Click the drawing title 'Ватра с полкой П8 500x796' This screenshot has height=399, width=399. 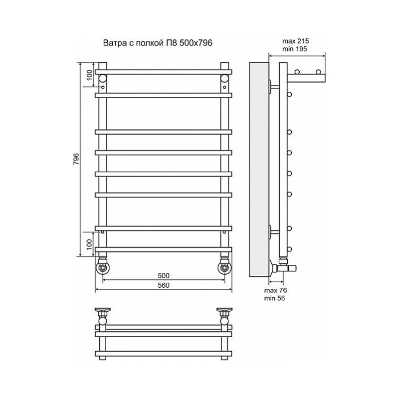click(158, 43)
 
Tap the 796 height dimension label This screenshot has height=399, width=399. click(76, 159)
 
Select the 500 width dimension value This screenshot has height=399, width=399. click(164, 276)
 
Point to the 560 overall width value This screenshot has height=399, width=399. click(164, 285)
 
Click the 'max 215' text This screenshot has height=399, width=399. click(295, 41)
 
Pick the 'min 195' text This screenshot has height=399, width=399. click(295, 49)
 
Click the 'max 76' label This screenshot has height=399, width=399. click(275, 290)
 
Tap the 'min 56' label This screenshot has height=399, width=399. click(274, 298)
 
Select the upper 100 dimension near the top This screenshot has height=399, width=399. click(89, 75)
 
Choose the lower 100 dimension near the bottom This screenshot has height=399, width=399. click(89, 244)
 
